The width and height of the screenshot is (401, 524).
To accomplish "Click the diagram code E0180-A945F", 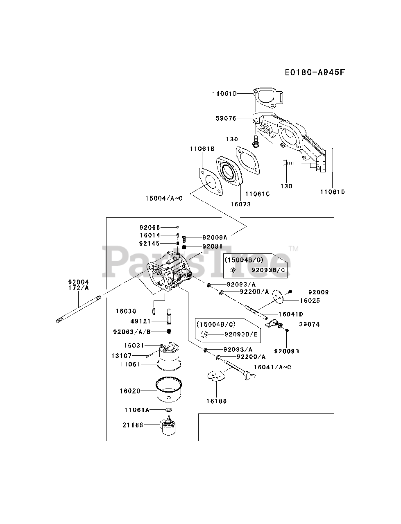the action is coord(315,72).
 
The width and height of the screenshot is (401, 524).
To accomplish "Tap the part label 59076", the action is coord(226,118).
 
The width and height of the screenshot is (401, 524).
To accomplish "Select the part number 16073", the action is coord(240,204).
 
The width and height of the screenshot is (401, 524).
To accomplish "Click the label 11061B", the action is coord(202,149).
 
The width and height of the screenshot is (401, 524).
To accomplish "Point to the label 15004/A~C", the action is coord(164,199).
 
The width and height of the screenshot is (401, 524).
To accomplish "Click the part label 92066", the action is coord(150,227).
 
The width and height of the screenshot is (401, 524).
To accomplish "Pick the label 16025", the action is coord(310,300).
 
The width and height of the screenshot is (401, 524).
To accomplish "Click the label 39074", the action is coord(309,324).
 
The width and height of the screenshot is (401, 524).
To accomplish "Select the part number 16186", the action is coord(216,401).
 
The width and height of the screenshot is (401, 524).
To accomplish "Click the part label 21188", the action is coord(133,425).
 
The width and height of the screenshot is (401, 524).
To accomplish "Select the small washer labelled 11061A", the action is coord(169,410).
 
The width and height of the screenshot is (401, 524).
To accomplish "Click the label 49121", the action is coord(140,321).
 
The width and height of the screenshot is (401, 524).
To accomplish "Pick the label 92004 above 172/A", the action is coord(78,282).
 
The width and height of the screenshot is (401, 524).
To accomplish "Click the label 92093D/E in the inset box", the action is coord(241,334).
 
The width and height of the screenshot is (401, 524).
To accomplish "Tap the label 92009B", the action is coord(286,351).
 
